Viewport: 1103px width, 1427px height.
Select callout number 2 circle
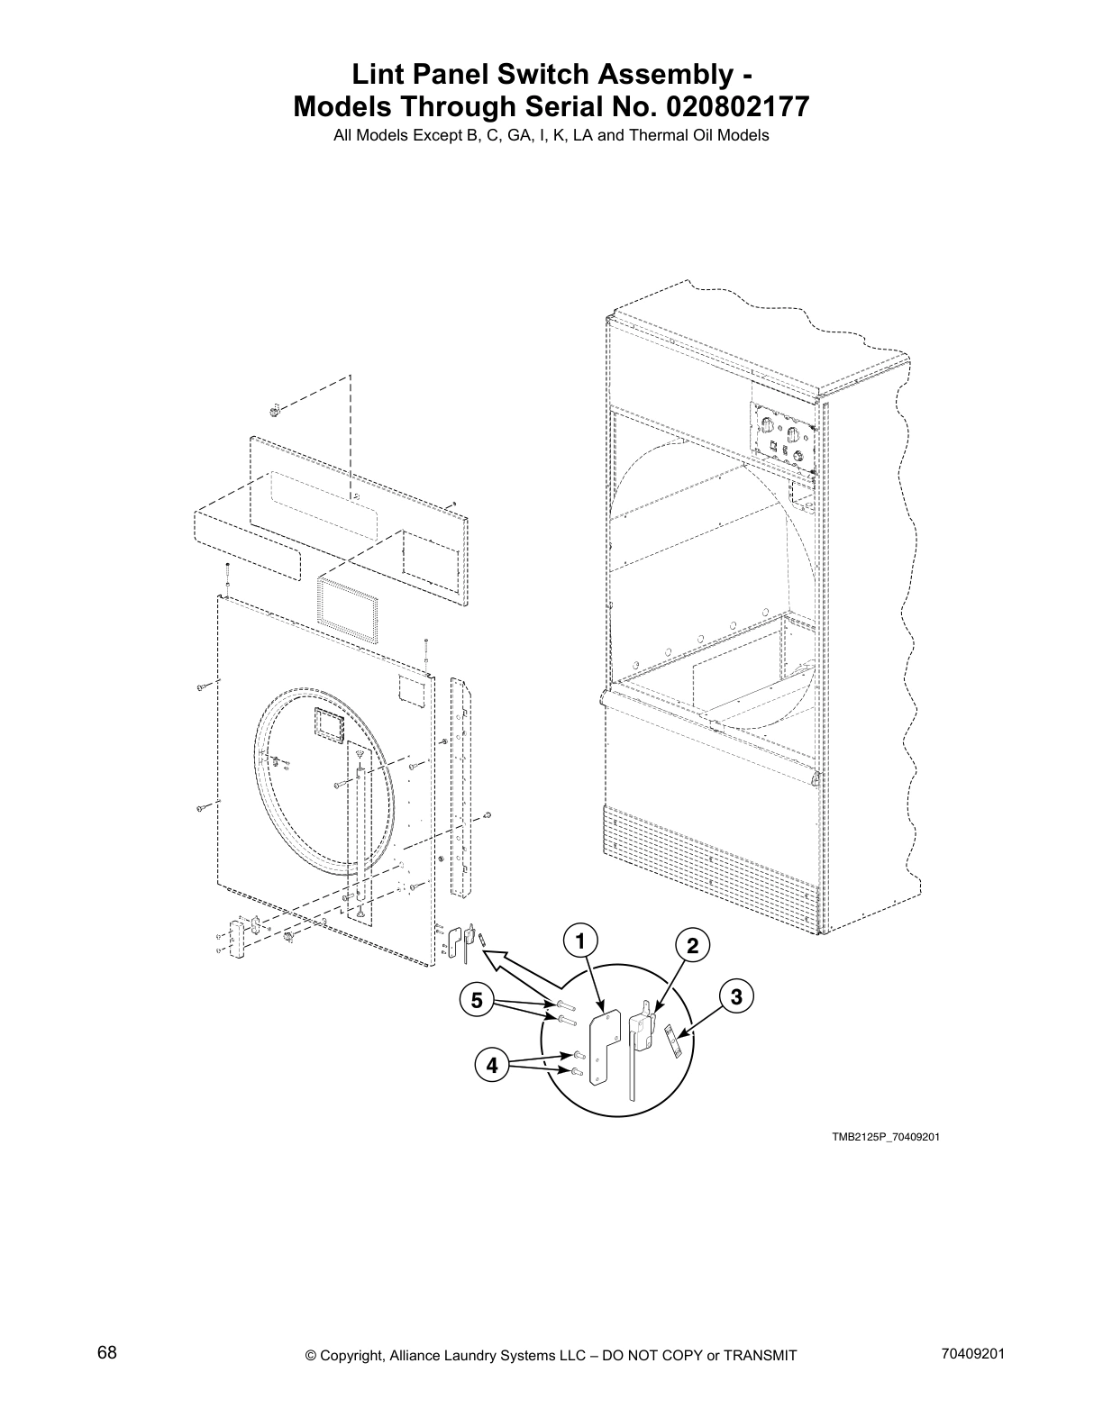(x=692, y=946)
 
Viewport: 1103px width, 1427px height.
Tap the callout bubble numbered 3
(x=737, y=996)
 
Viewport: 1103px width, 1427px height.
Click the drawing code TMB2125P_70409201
(x=886, y=1137)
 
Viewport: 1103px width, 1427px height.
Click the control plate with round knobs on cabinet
(x=783, y=435)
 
